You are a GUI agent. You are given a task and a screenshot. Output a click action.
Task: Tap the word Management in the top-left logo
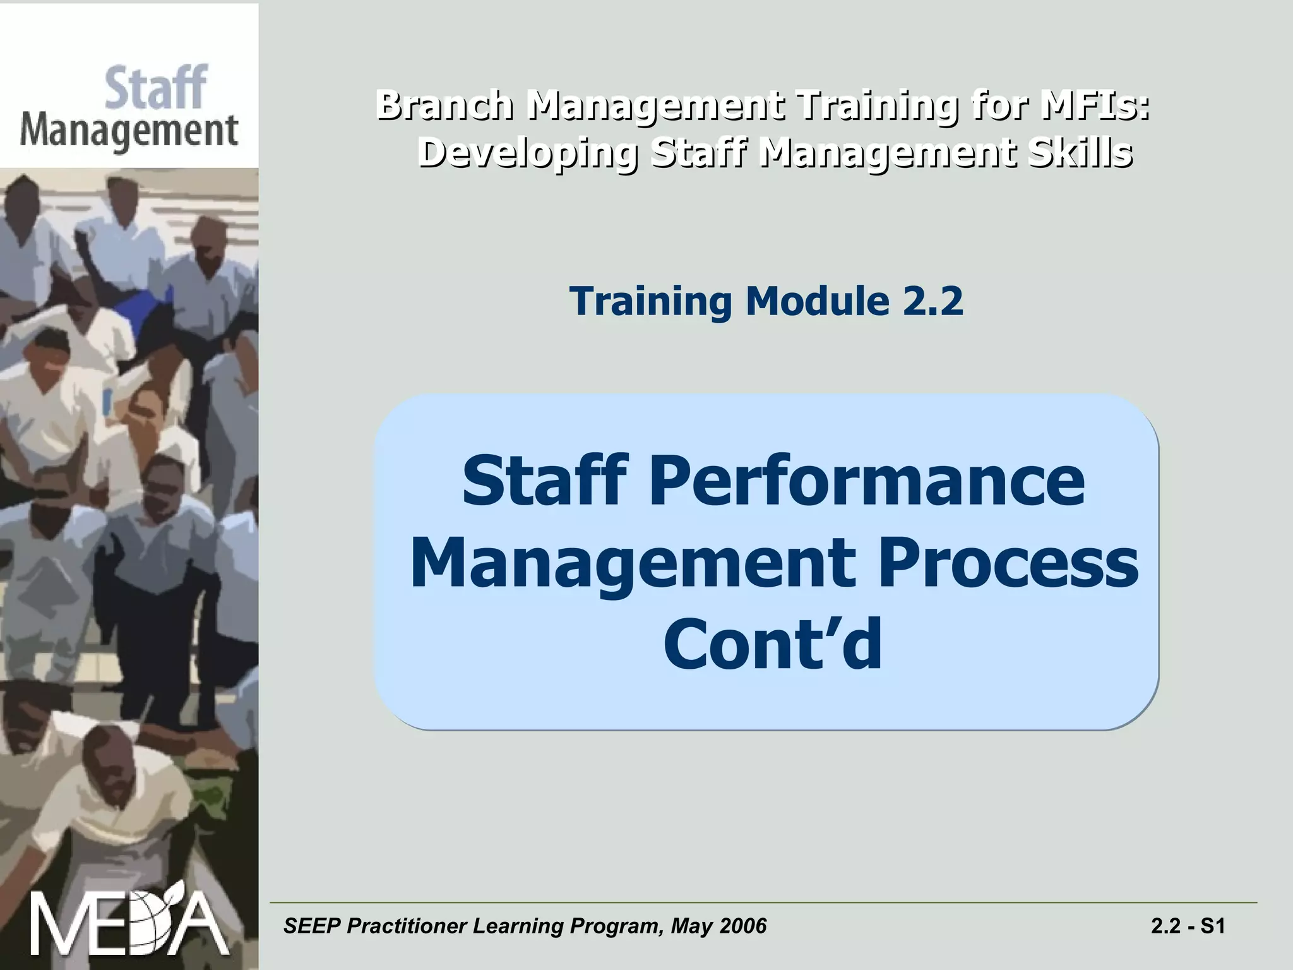[129, 132]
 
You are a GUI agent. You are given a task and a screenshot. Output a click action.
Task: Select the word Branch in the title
[444, 105]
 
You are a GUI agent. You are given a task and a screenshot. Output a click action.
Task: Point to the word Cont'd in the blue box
[772, 644]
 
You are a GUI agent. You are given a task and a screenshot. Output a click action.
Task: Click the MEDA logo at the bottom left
[129, 923]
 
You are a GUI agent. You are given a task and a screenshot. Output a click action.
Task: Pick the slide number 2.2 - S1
[1188, 926]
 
